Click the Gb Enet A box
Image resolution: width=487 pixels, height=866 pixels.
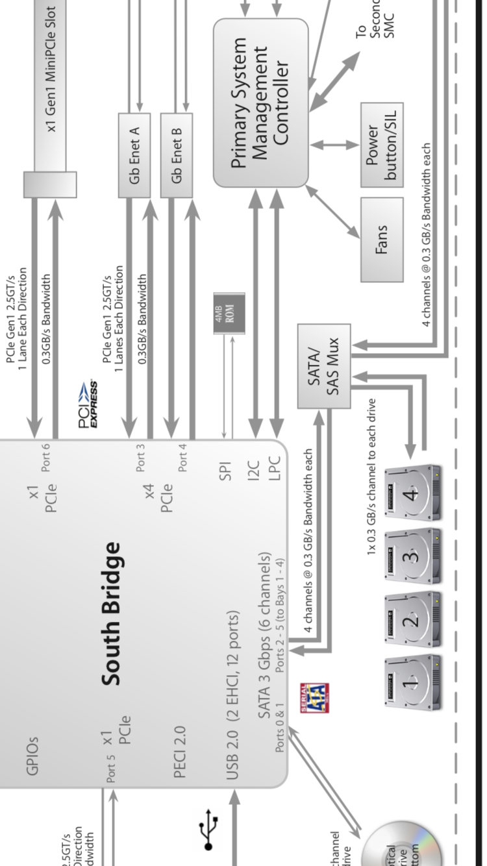(134, 155)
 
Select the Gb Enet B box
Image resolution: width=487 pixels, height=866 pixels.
(177, 155)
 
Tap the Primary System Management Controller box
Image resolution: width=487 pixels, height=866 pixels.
(260, 103)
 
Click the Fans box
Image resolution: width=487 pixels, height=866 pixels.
(382, 240)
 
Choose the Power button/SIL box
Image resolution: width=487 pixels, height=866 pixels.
(382, 144)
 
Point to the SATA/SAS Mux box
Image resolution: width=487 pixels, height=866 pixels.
(323, 365)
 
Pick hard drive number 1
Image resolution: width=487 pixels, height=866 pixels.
(413, 682)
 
